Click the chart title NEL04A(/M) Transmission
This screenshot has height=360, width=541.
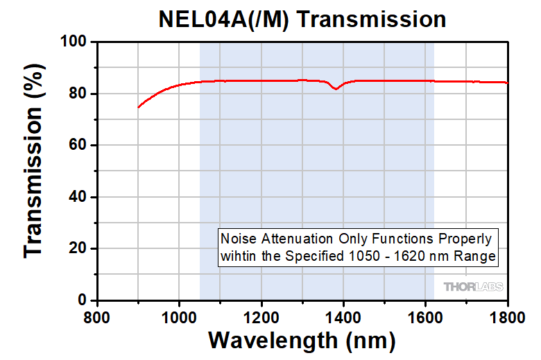[x=302, y=19]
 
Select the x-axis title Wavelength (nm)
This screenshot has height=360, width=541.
[x=302, y=341]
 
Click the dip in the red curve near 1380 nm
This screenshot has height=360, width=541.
[x=336, y=89]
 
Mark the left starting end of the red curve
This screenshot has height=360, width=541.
[x=139, y=108]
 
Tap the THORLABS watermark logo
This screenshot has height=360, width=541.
[x=473, y=286]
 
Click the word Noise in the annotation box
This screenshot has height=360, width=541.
[x=235, y=239]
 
